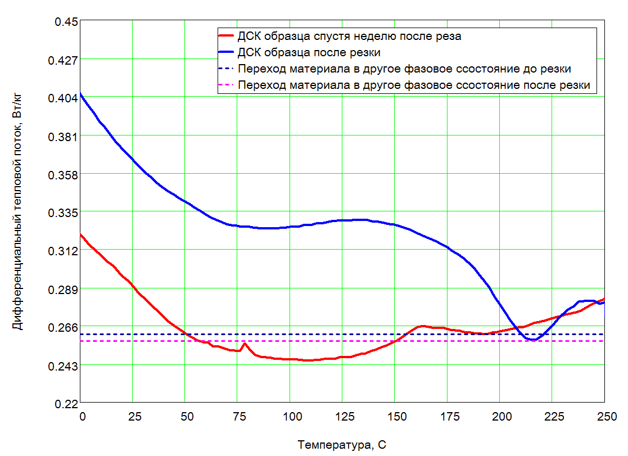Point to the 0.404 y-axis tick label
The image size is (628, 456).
pos(63,98)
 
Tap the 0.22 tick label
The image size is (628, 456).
pos(66,404)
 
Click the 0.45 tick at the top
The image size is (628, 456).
pos(66,21)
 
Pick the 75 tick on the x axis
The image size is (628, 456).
pos(240,417)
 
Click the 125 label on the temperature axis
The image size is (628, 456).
pos(345,417)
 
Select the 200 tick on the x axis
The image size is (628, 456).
pos(502,417)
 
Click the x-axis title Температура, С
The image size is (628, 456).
pos(342,445)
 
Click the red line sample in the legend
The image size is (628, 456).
pos(226,35)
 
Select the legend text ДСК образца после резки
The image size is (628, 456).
pos(309,52)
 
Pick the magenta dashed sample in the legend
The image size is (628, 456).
pos(226,85)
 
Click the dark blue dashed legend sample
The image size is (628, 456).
pos(226,69)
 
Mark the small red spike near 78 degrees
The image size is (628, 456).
pos(245,344)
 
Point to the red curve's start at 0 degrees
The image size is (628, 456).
pos(81,234)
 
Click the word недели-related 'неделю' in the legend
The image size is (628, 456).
pos(376,36)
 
